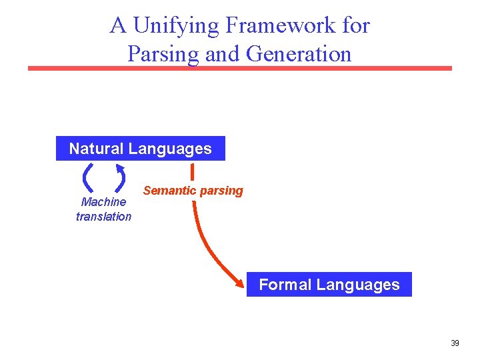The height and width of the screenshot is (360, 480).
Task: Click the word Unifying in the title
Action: [x=176, y=25]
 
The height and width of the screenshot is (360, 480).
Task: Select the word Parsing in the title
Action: [x=163, y=53]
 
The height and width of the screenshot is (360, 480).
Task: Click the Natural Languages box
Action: [x=140, y=149]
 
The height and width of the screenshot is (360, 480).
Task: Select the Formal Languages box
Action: [x=329, y=285]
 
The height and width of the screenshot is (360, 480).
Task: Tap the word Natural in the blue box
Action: [x=97, y=149]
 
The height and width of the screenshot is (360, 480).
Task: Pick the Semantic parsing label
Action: [x=193, y=191]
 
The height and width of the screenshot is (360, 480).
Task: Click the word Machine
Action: [x=103, y=202]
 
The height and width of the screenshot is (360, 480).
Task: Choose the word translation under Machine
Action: [x=103, y=216]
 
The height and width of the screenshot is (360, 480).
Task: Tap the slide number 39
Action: [x=455, y=343]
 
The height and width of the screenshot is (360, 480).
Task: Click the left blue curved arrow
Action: [x=87, y=177]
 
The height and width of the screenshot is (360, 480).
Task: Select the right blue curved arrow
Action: [x=121, y=177]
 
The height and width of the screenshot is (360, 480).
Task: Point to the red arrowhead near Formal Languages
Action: [x=240, y=283]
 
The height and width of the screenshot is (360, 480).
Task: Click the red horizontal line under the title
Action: [x=240, y=68]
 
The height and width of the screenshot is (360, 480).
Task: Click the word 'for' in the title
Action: [x=357, y=25]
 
